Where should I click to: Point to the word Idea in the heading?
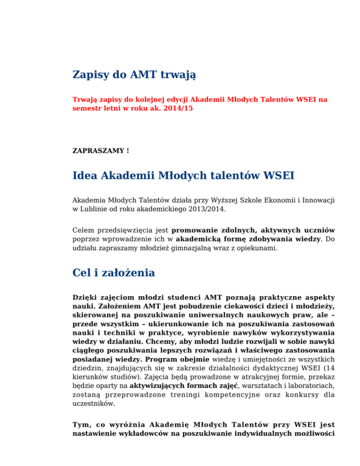pyautogui.click(x=84, y=177)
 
